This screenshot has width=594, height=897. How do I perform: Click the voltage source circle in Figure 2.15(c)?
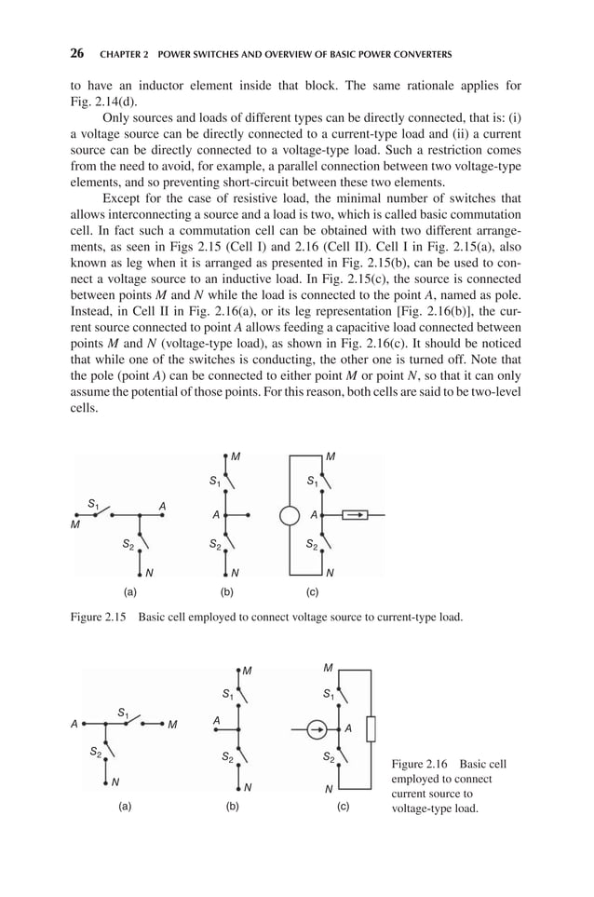tap(290, 514)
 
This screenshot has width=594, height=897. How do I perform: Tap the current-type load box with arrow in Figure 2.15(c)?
tap(356, 514)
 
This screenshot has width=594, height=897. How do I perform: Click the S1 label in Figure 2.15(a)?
tap(93, 504)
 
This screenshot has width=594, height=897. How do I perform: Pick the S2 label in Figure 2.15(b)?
tap(214, 543)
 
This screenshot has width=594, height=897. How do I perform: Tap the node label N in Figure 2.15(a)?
tap(149, 572)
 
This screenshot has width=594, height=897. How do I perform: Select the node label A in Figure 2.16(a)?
tap(74, 723)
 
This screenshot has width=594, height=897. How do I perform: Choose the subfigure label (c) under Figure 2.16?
tap(343, 806)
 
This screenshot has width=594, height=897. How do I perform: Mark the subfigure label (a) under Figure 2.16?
tap(125, 806)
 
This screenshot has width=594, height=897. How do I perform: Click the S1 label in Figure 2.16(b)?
tap(227, 694)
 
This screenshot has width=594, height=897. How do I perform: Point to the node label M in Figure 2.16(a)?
tap(172, 724)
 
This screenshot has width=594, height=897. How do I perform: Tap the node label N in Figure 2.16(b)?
tap(249, 787)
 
